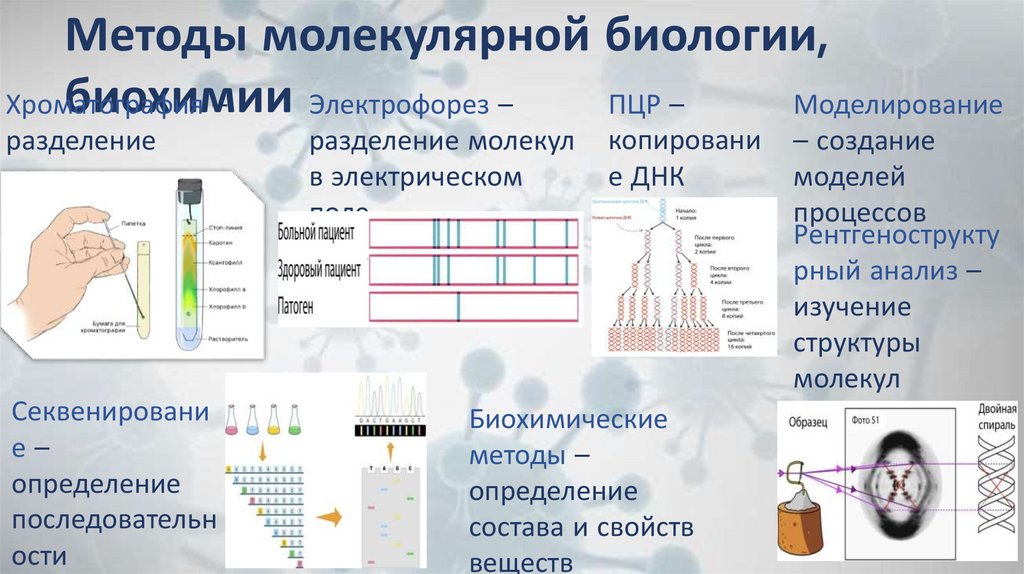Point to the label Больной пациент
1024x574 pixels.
coord(320,233)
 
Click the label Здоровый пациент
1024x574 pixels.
coord(320,270)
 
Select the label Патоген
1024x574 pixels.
coord(296,307)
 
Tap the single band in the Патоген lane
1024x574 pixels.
coord(458,307)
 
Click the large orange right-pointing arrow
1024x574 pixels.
coord(328,518)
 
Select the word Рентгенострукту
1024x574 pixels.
coord(895,236)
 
